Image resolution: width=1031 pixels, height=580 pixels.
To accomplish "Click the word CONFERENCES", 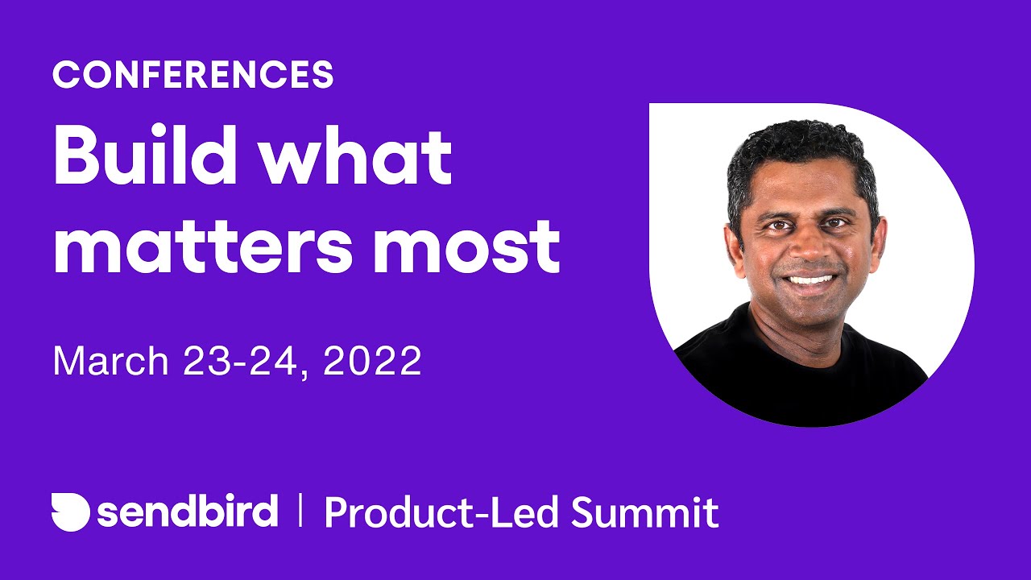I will coord(193,75).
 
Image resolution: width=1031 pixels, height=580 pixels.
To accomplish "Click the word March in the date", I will coord(110,361).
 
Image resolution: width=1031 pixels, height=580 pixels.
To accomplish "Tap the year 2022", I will coord(372,361).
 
